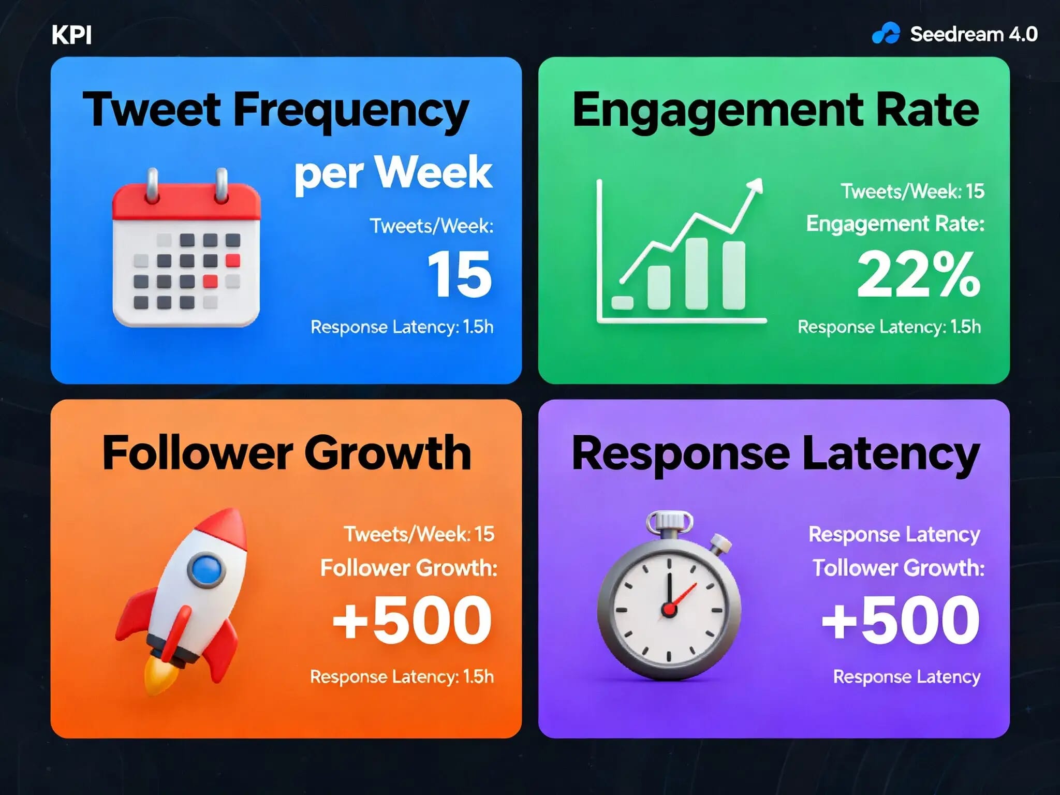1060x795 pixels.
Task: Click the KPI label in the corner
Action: [x=71, y=35]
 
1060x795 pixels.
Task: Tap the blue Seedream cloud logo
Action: [x=886, y=34]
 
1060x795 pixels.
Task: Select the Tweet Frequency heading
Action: [x=275, y=110]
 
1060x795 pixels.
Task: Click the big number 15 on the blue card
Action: [x=459, y=274]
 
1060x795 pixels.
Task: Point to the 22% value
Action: [x=918, y=274]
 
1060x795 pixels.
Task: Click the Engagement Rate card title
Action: [x=775, y=110]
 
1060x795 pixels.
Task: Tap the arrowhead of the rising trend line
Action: [x=757, y=185]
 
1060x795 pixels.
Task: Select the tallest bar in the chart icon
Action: [x=696, y=273]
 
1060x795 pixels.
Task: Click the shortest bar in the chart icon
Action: [x=622, y=303]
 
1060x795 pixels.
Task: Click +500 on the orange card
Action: [x=412, y=620]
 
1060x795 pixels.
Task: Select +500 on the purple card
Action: [x=901, y=620]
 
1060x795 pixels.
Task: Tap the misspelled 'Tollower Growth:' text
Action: [x=898, y=568]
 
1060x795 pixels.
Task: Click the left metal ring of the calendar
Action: [x=152, y=185]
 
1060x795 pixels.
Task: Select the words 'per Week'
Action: [x=393, y=173]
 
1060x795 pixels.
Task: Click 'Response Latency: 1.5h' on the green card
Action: [x=889, y=327]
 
